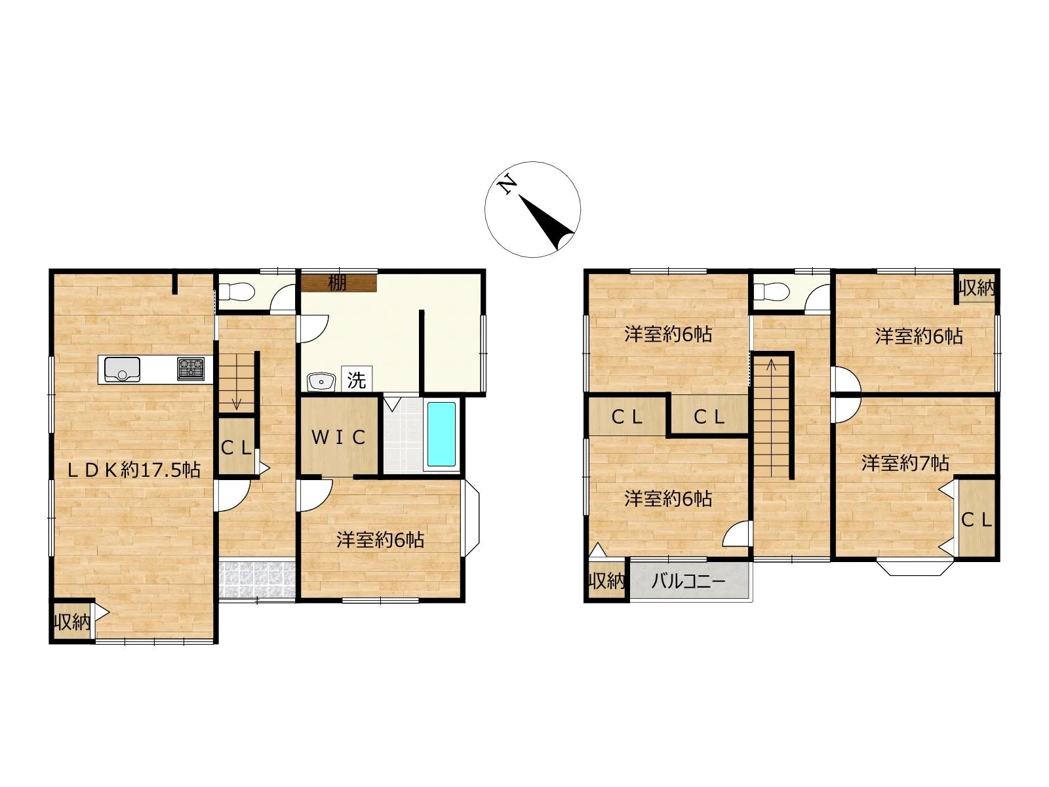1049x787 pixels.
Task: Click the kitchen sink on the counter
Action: point(122,369)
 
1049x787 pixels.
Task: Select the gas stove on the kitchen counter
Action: point(191,369)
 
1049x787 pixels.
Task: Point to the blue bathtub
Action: point(441,434)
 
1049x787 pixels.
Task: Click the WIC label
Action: point(339,437)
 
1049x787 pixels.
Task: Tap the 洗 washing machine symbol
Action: point(357,380)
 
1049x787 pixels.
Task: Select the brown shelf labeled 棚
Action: point(339,283)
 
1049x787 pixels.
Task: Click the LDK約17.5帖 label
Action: point(133,470)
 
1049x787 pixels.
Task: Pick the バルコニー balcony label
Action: point(688,582)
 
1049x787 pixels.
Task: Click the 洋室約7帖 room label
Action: point(905,463)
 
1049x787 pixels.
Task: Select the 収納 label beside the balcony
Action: point(607,581)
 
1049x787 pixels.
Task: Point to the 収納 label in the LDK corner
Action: point(71,622)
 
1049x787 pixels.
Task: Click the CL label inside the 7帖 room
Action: point(976,520)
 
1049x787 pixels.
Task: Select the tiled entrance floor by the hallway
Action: point(257,579)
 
